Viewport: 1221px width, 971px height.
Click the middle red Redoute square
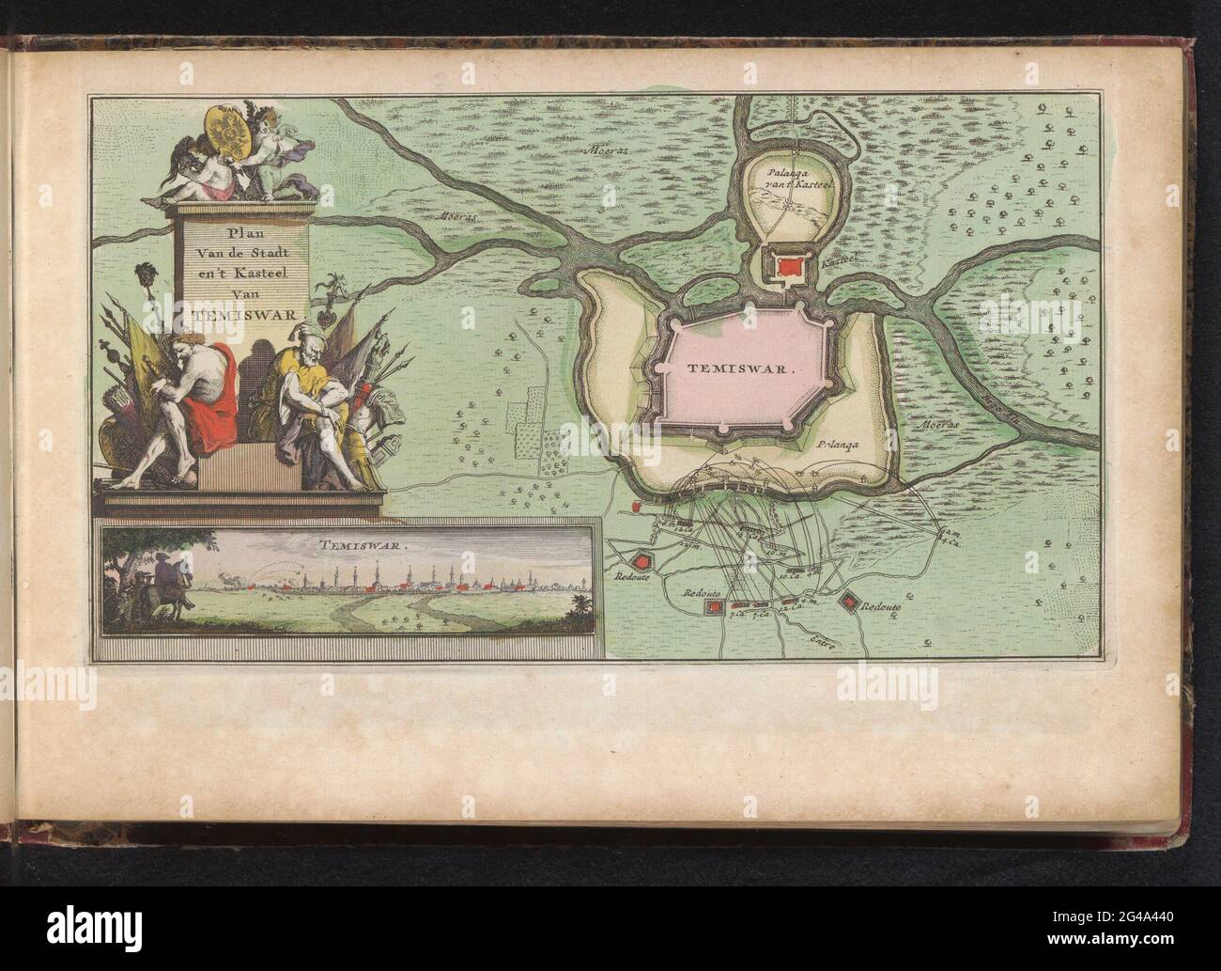tap(717, 609)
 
